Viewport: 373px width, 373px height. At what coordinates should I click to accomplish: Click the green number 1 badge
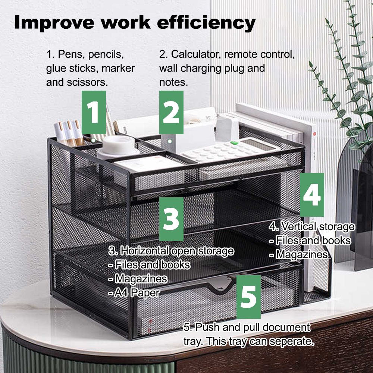(x=94, y=112)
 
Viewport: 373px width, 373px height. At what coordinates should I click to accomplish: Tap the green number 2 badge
(x=172, y=112)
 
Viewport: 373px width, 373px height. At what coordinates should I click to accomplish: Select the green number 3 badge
(x=172, y=219)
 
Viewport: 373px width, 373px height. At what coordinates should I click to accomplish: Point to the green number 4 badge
(x=312, y=195)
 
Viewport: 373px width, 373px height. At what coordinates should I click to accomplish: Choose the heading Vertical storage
(x=317, y=227)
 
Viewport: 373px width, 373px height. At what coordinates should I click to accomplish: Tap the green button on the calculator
(x=234, y=143)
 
